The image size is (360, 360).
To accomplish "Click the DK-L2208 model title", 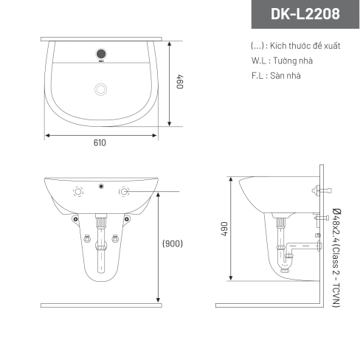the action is (305, 14).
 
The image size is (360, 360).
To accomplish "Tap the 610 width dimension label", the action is (100, 142).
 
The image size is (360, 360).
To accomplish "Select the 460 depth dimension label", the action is (180, 82).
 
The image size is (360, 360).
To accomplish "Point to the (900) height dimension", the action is (173, 243).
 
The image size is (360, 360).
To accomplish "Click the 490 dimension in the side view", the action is (224, 229).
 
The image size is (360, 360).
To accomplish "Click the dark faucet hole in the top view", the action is (101, 54).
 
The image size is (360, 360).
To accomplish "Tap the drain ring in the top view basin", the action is (101, 89).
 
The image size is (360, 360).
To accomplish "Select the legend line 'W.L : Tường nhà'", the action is (282, 60).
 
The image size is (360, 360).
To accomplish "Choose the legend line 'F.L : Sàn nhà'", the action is (276, 75).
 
